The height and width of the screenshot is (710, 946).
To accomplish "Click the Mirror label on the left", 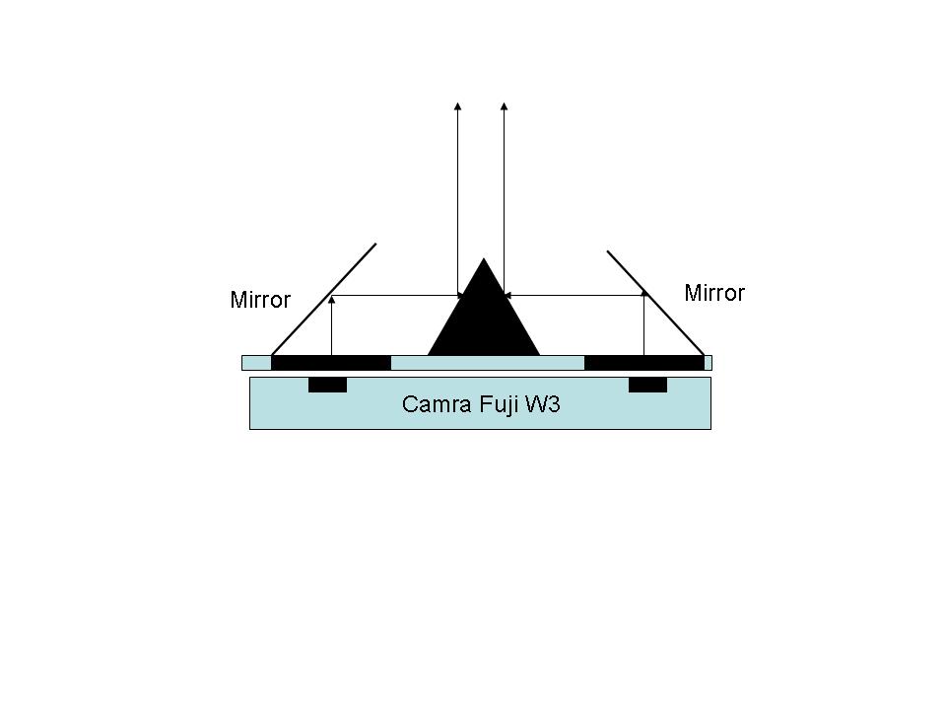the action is click(x=260, y=300).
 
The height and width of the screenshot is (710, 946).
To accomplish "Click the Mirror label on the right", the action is click(x=714, y=293).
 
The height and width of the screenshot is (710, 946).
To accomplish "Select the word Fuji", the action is click(x=499, y=404).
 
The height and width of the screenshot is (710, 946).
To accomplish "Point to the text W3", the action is click(x=542, y=404).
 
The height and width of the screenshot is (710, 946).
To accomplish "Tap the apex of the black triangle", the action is click(x=483, y=258).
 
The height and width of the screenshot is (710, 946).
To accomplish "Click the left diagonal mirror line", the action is click(x=324, y=300).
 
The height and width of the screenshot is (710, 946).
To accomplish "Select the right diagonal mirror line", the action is click(x=656, y=303).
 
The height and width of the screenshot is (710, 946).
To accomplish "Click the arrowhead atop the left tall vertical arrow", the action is click(x=457, y=106).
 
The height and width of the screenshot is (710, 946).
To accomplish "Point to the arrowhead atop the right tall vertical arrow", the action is click(x=504, y=106).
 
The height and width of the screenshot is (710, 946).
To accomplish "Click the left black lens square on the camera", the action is click(x=327, y=385).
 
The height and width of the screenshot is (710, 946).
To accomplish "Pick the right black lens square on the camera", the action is click(x=648, y=385).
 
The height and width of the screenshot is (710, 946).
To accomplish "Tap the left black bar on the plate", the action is click(x=331, y=363).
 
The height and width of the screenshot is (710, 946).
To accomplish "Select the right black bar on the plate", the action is click(x=644, y=363).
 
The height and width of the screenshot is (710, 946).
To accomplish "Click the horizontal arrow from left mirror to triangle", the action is click(x=397, y=295).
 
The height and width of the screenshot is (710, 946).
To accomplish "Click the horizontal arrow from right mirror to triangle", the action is click(x=574, y=295).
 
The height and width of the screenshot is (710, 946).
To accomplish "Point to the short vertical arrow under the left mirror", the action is click(x=331, y=325).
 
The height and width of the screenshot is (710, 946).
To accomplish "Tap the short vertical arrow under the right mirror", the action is click(x=643, y=323).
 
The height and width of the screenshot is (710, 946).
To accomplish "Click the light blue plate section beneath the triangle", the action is click(x=488, y=363).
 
